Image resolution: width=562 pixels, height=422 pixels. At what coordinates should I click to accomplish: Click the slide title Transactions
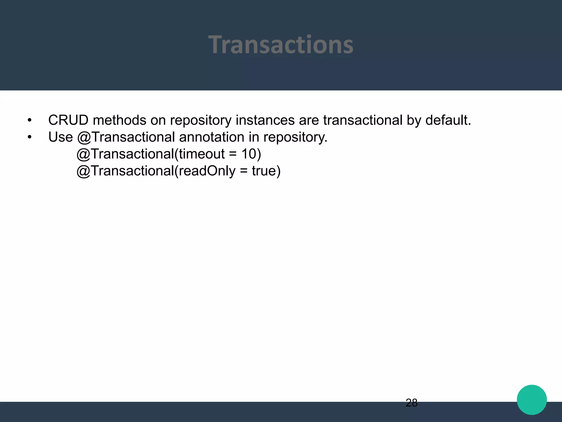pyautogui.click(x=281, y=45)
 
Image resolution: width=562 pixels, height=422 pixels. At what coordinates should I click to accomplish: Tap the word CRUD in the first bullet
pyautogui.click(x=68, y=120)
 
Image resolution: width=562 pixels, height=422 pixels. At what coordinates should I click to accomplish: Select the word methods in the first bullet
pyautogui.click(x=119, y=120)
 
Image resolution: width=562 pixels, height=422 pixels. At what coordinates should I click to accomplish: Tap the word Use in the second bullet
pyautogui.click(x=60, y=137)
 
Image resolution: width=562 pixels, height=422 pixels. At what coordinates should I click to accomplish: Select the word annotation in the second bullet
pyautogui.click(x=212, y=137)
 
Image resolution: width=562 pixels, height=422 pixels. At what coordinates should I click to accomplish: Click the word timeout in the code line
pyautogui.click(x=202, y=154)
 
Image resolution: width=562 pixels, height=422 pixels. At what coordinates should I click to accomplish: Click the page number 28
pyautogui.click(x=411, y=403)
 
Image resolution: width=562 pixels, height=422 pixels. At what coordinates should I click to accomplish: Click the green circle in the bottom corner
pyautogui.click(x=532, y=400)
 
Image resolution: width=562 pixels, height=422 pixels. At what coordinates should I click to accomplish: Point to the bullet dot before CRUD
pyautogui.click(x=30, y=120)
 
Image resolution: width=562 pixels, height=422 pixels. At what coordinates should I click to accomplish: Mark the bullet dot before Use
pyautogui.click(x=30, y=137)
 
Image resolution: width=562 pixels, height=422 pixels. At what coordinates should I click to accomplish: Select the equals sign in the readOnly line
pyautogui.click(x=244, y=171)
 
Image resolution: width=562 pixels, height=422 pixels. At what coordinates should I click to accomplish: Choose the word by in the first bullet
pyautogui.click(x=414, y=120)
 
